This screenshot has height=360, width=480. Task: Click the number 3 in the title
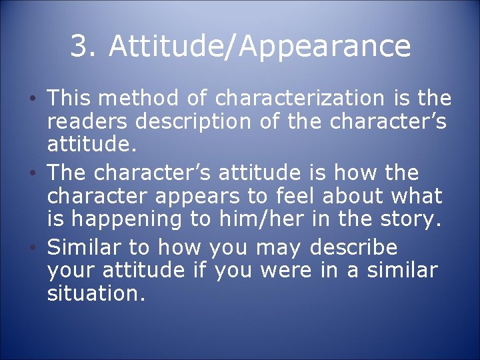[x=79, y=46]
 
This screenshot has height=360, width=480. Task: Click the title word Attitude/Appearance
[x=259, y=47]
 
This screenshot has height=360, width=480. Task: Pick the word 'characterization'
[x=299, y=99]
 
